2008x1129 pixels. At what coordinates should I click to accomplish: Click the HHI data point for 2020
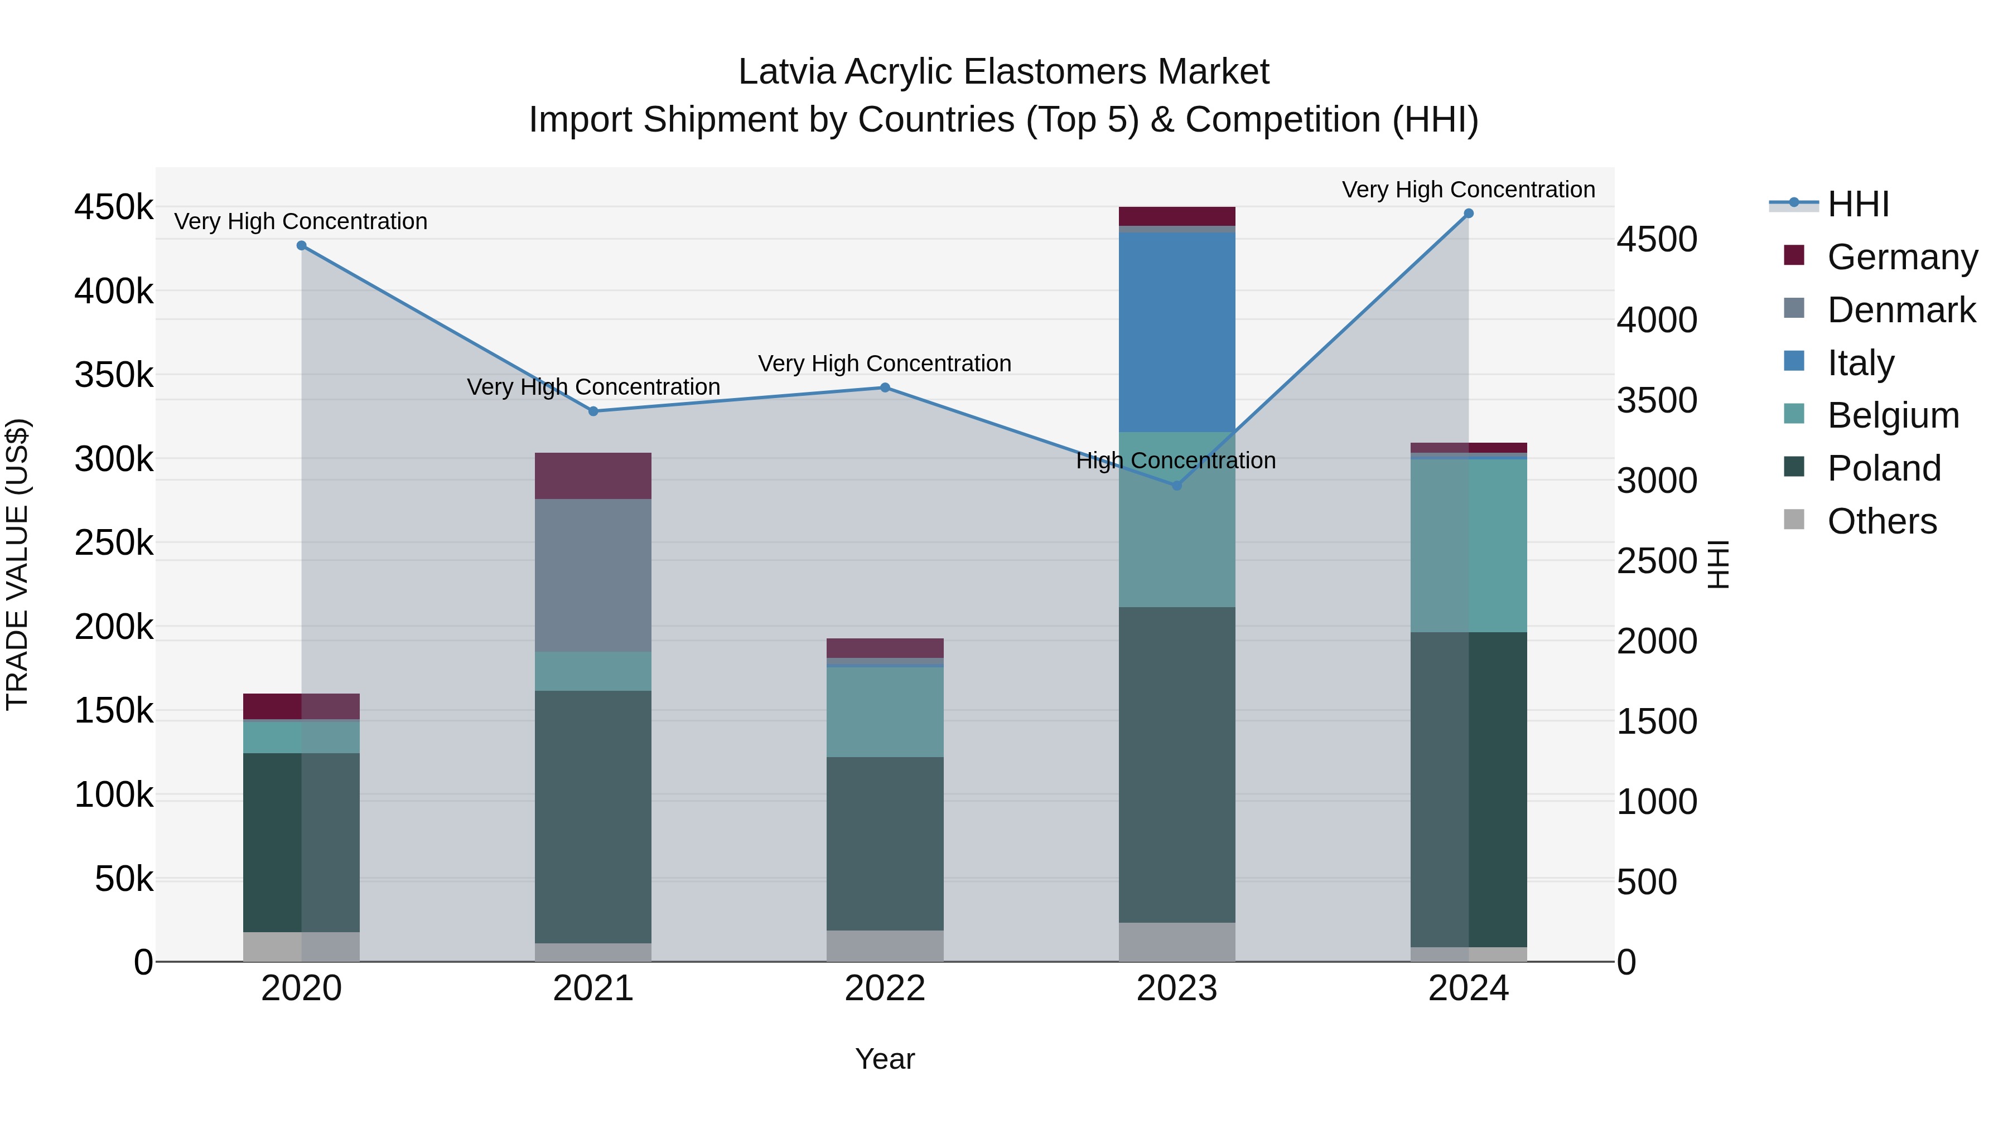302,245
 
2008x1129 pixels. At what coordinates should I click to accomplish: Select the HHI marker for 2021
593,411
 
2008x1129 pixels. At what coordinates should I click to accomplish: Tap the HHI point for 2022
885,387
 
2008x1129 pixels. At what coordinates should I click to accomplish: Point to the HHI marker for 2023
1177,486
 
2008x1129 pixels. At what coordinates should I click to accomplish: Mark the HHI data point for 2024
1469,214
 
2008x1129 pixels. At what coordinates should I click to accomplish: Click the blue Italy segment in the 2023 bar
1177,331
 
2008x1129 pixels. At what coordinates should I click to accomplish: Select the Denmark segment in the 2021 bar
593,575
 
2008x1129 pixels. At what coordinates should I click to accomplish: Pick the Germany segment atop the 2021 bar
593,475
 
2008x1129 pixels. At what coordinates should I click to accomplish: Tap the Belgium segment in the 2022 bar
885,711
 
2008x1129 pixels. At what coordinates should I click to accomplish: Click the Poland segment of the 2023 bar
1177,764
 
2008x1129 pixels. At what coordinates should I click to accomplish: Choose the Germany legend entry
1902,257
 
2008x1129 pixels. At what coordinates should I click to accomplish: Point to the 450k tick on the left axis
114,208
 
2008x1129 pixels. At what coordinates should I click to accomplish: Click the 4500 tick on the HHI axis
1657,239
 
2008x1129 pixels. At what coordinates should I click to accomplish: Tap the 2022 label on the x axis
885,989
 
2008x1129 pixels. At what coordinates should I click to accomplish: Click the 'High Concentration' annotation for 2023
1175,461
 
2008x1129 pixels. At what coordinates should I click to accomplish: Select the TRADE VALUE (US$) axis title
17,564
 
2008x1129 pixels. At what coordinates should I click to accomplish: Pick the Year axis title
885,1059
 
